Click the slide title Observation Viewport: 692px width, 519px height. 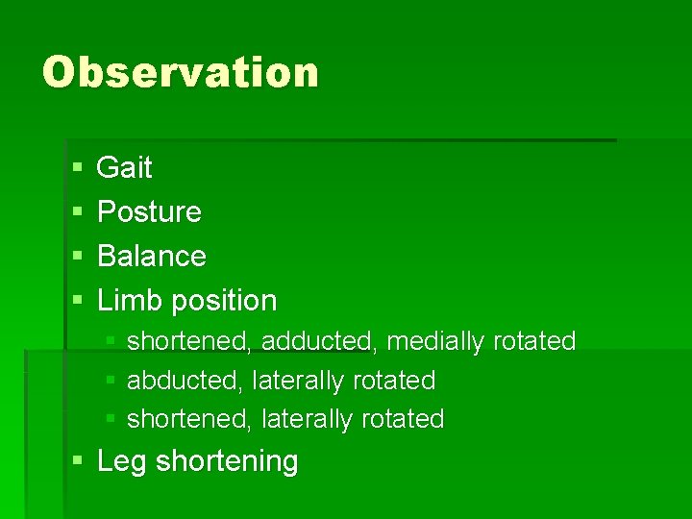click(181, 73)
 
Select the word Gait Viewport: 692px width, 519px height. click(125, 168)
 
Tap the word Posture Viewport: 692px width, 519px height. click(150, 212)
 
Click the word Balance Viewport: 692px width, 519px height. click(152, 257)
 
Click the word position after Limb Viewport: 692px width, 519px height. click(223, 302)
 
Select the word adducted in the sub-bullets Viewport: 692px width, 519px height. click(316, 341)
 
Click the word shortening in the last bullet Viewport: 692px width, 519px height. click(227, 462)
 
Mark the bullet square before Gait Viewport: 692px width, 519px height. click(77, 169)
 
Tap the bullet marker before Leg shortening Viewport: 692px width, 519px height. click(77, 462)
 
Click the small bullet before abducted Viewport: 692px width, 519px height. click(111, 382)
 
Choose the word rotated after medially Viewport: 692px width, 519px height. click(533, 341)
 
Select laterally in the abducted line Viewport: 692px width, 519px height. click(298, 381)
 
